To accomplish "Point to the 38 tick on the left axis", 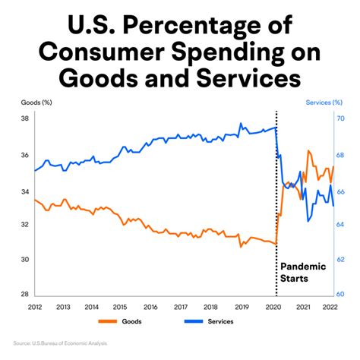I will [x=24, y=119].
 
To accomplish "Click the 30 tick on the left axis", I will [x=24, y=260].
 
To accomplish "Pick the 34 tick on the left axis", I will [x=24, y=190].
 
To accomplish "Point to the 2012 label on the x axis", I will [x=35, y=307].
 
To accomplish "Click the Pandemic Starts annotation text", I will [x=302, y=273].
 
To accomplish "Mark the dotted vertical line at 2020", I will [x=276, y=197].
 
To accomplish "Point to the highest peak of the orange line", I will [x=308, y=150].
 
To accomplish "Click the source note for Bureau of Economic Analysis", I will [x=61, y=344].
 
